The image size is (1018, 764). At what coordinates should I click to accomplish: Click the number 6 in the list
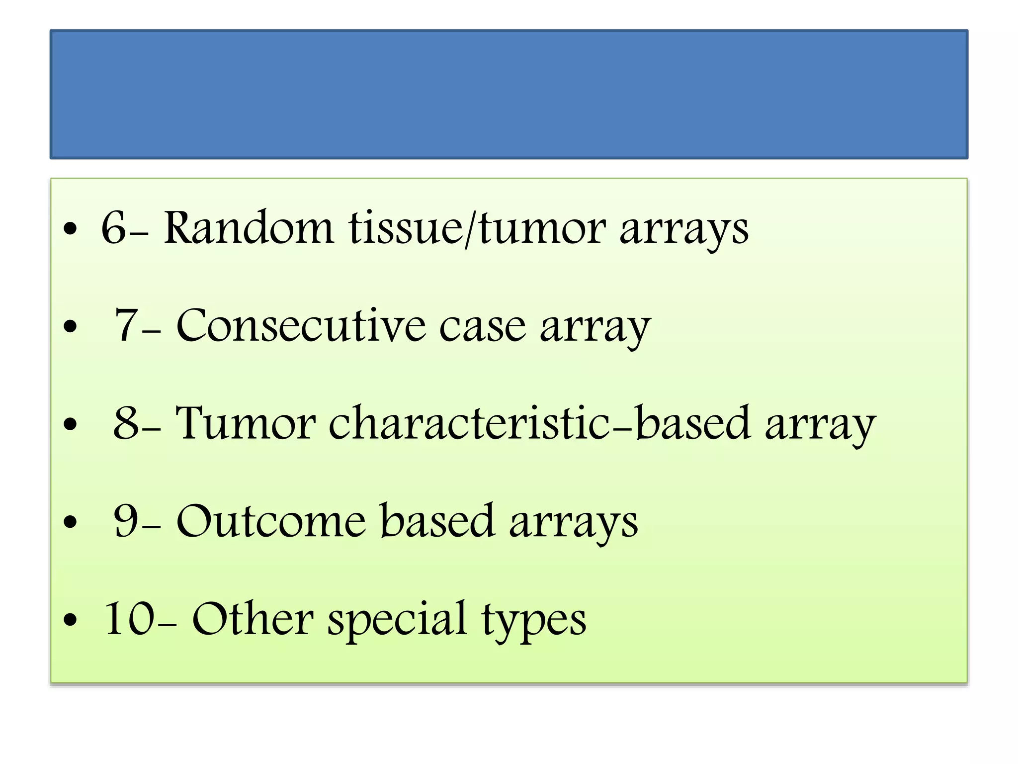(x=114, y=228)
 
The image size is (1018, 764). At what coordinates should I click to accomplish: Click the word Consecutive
(x=301, y=326)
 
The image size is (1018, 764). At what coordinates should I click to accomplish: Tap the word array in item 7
(x=595, y=328)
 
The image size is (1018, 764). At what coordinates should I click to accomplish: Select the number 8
(x=126, y=423)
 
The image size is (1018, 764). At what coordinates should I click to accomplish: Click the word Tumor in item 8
(x=246, y=423)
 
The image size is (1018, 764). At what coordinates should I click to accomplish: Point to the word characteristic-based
(x=539, y=423)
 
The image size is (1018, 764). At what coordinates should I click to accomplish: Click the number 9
(x=126, y=521)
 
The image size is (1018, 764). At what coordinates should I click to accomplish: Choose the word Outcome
(x=271, y=521)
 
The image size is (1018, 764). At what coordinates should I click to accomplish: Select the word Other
(x=253, y=619)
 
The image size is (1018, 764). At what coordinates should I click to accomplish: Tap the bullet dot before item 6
(x=71, y=229)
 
